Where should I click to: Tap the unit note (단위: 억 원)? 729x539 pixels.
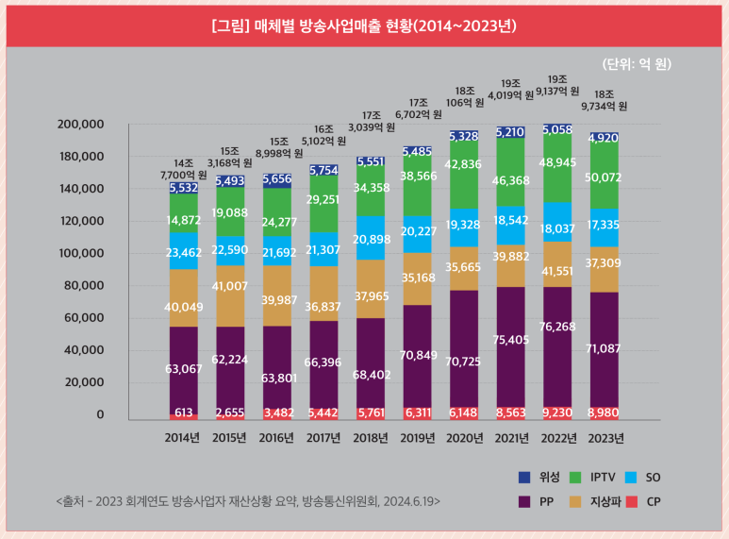point(637,64)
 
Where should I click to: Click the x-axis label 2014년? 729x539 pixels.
point(182,438)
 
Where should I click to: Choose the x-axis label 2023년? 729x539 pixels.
point(604,438)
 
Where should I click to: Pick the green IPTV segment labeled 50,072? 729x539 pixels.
point(604,177)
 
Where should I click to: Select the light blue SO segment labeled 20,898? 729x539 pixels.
point(370,240)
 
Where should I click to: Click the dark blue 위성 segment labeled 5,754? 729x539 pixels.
point(323,170)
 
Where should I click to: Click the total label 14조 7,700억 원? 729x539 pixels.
point(182,169)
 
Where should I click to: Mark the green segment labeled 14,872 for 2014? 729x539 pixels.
point(182,220)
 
